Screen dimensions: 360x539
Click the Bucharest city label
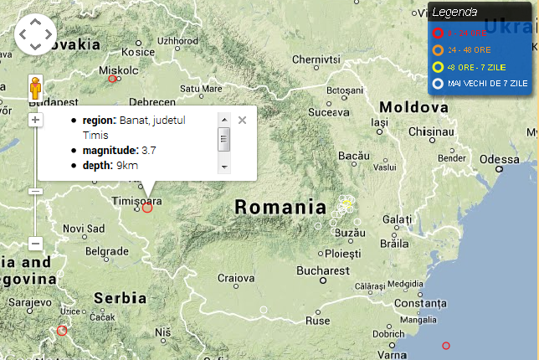(x=322, y=271)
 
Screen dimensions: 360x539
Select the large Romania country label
(x=280, y=207)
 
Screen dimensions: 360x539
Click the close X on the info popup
(x=242, y=120)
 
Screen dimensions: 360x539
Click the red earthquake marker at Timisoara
(x=147, y=207)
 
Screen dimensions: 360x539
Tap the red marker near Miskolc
(x=112, y=79)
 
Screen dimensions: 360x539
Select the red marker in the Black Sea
(x=446, y=345)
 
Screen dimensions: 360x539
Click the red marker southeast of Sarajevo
(x=61, y=331)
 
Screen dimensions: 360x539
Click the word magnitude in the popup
(x=110, y=150)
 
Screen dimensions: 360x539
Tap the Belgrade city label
(x=106, y=251)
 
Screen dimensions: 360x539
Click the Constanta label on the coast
(x=420, y=302)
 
